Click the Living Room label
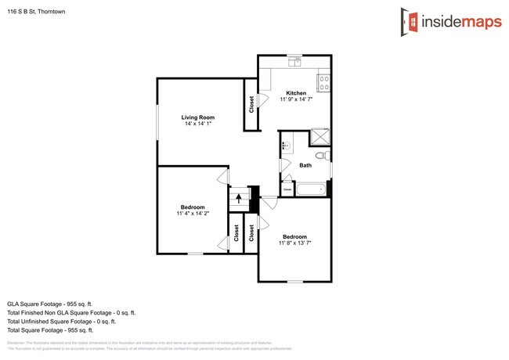(x=199, y=117)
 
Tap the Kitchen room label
(x=296, y=93)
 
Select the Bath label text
(x=305, y=165)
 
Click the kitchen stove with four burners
(x=324, y=80)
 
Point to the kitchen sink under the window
(x=294, y=61)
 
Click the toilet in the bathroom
(x=319, y=156)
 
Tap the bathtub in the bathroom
(x=311, y=189)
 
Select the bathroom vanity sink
(x=285, y=146)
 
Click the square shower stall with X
(x=320, y=137)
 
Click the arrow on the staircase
(x=239, y=198)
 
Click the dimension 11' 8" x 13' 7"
(x=294, y=243)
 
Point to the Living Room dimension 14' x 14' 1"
(x=199, y=124)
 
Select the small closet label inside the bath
(x=287, y=189)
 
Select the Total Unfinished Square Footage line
(x=61, y=321)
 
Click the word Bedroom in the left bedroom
(x=192, y=207)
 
